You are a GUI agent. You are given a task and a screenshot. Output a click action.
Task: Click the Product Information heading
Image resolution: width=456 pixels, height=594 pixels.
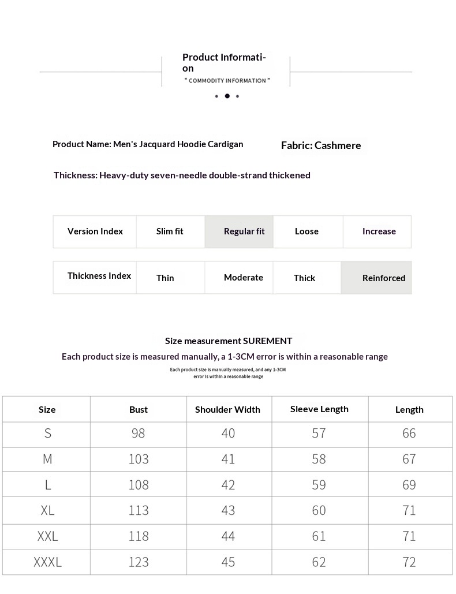(x=224, y=62)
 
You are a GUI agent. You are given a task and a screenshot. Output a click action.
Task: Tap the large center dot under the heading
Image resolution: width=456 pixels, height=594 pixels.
(x=227, y=96)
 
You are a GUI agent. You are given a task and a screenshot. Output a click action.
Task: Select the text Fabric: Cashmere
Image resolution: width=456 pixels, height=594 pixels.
(x=321, y=145)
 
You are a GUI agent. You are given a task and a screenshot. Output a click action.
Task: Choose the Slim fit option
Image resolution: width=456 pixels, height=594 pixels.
(x=170, y=231)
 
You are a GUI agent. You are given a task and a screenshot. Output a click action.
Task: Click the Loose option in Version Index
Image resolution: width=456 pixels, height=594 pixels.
(x=307, y=231)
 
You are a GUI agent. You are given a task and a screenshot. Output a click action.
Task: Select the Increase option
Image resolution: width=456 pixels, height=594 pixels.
(x=379, y=231)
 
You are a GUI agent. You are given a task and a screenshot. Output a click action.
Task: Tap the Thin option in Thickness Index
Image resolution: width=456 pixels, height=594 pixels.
(x=165, y=278)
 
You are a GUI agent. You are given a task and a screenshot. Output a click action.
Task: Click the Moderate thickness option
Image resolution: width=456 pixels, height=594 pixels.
(x=243, y=278)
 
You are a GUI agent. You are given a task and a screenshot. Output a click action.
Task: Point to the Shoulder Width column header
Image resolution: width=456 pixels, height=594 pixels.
(x=227, y=410)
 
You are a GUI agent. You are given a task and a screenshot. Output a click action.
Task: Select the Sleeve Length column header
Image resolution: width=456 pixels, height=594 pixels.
(x=319, y=409)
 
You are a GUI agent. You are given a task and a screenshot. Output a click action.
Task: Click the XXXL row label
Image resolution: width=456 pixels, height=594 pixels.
(x=47, y=562)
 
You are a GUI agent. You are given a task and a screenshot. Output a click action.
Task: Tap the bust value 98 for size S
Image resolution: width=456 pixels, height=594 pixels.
(x=139, y=433)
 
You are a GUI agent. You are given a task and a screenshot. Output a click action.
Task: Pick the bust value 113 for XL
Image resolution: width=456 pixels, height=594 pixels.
(x=139, y=510)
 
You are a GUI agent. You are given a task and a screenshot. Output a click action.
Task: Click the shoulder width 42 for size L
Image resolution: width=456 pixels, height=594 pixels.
(x=228, y=485)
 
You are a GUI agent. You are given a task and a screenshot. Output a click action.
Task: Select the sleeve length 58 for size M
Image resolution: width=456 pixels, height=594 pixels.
(x=319, y=459)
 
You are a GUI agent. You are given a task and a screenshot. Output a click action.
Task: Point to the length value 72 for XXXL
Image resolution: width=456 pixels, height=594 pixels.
(x=409, y=562)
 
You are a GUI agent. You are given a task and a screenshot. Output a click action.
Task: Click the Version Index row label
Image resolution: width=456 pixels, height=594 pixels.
(x=95, y=231)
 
